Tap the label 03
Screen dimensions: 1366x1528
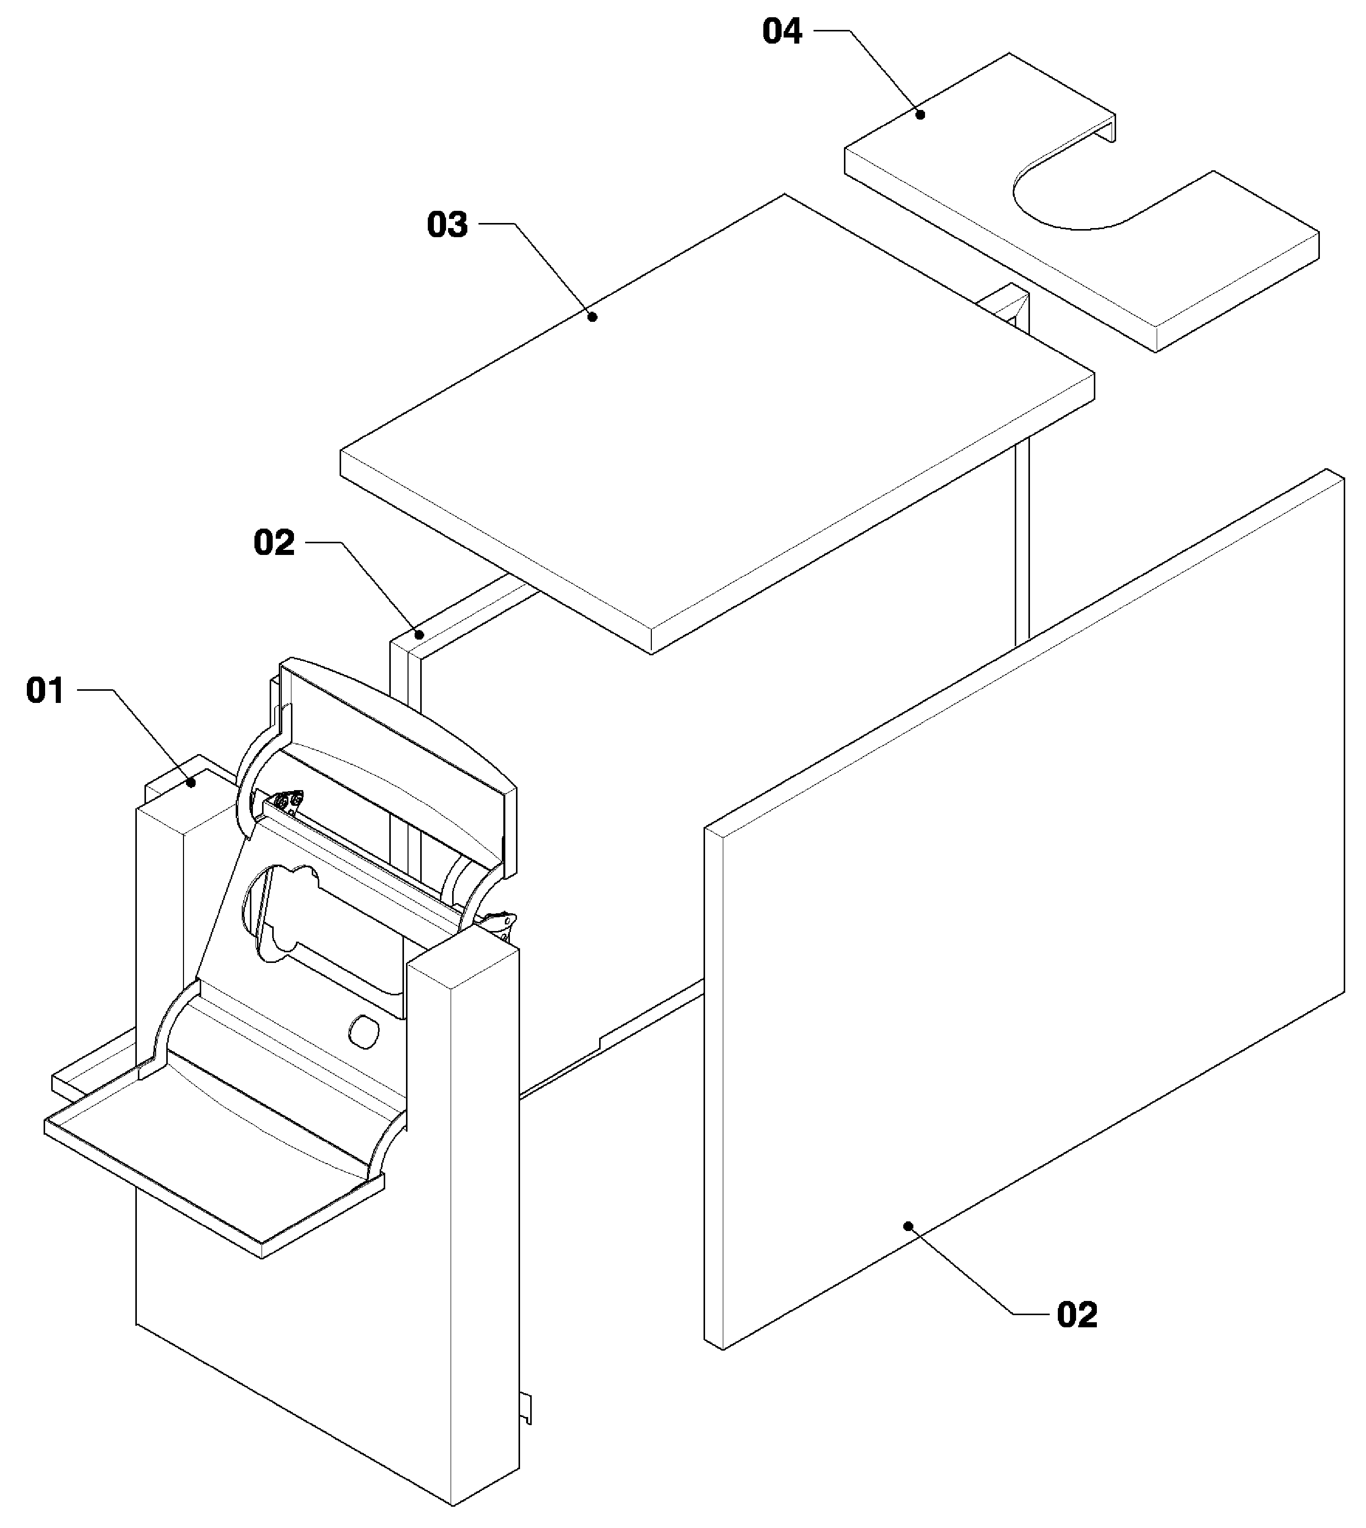448,225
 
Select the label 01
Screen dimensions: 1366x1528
45,690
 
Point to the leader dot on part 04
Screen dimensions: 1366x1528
920,114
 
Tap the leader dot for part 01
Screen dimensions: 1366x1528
192,783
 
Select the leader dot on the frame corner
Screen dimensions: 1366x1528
422,634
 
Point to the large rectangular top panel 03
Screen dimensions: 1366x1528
717,424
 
